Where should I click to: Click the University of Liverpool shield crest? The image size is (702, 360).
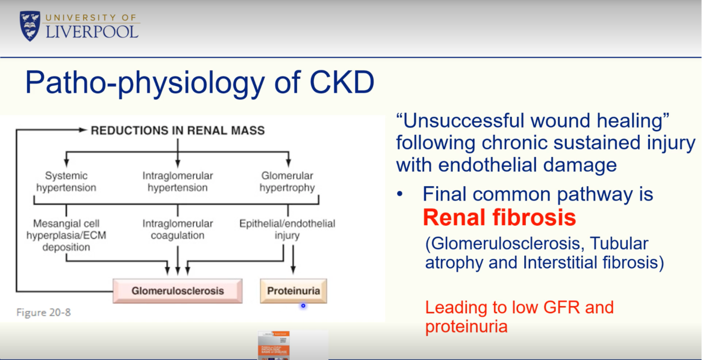coord(30,26)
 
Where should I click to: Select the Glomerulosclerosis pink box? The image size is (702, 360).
coord(177,291)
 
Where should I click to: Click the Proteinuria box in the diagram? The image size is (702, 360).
coord(293,291)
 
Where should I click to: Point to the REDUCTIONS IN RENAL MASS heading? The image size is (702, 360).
coord(177,130)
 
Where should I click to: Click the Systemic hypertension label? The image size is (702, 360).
coord(66,182)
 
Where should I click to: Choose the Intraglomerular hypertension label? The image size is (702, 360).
coord(177,182)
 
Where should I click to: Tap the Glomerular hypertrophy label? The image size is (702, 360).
coord(287,182)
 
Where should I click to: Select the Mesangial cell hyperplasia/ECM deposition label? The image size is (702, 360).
coord(66,235)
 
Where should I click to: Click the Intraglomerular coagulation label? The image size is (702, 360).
coord(177,229)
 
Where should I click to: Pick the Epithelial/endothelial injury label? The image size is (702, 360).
coord(287,229)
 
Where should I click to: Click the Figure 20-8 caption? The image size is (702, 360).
coord(43,312)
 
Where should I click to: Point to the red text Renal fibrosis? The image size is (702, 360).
coord(499,217)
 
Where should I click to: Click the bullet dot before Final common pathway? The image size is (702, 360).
coord(400,195)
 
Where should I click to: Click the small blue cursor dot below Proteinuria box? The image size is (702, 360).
coord(303,306)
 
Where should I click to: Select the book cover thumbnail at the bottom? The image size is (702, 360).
coord(274,345)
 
